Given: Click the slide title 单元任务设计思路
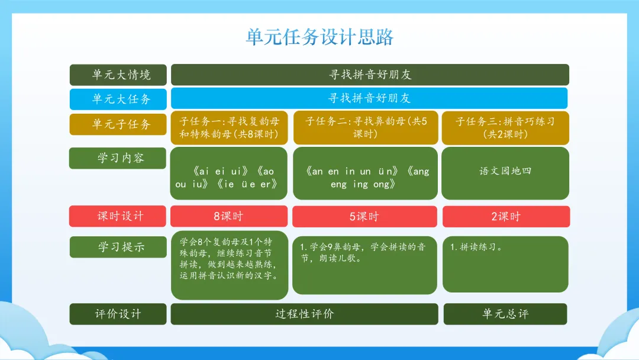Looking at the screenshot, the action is coord(319,37).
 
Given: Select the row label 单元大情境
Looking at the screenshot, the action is coord(118,75).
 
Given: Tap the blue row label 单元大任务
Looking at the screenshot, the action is coord(118,99).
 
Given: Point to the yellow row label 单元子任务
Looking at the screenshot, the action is coord(118,124).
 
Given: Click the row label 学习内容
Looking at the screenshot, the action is coord(118,157).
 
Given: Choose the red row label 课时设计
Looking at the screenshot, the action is coord(118,216).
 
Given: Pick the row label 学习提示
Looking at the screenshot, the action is coord(118,247).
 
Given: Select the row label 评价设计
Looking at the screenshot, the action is coord(118,314).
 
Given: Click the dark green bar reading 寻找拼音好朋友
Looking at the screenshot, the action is coord(370,75).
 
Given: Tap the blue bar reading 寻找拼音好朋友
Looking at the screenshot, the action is coord(369,98).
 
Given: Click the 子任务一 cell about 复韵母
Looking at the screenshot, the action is coord(229,128).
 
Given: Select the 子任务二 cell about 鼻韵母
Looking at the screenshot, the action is coord(366,128).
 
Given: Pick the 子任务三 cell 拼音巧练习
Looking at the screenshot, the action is coord(505,128).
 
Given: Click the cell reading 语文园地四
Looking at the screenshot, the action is coord(505,173).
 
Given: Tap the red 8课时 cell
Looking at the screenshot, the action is coord(229,216).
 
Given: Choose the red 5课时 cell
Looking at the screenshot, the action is coord(364,217).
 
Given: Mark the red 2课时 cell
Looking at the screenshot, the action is coord(506,217).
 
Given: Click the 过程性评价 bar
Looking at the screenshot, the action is coord(305,314).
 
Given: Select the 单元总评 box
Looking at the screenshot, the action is coord(505,314).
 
